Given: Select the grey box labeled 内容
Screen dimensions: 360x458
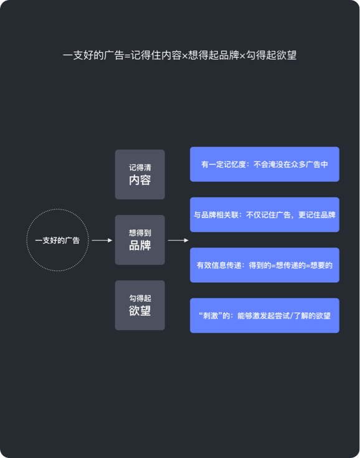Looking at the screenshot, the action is click(x=140, y=174).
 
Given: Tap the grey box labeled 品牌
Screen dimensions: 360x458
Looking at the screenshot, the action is click(x=140, y=240).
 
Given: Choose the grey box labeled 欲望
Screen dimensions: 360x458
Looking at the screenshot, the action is click(x=140, y=305).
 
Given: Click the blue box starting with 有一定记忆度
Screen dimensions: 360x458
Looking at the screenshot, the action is click(x=265, y=164).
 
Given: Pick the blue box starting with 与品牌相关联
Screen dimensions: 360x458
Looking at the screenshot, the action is click(x=265, y=215).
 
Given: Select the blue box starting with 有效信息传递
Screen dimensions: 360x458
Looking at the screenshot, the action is click(x=265, y=265).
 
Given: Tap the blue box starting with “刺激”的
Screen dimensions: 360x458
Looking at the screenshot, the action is click(x=265, y=315).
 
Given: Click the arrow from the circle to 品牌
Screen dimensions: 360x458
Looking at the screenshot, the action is click(x=102, y=241).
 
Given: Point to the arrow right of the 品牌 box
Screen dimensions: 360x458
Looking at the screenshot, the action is click(x=178, y=241).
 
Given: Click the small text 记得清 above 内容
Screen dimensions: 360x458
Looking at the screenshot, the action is click(x=140, y=168).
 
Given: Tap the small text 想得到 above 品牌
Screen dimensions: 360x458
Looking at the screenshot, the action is click(x=140, y=233).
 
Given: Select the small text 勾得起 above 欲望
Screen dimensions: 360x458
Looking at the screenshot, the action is click(x=140, y=298).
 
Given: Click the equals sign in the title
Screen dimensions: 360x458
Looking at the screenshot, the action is click(x=127, y=56).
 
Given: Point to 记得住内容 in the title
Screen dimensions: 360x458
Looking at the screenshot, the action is click(x=156, y=55).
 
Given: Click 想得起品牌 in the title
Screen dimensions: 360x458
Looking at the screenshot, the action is click(x=214, y=55).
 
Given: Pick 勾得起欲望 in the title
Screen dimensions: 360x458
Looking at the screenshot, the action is click(x=271, y=55).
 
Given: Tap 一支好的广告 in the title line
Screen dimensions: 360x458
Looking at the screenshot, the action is click(x=93, y=55).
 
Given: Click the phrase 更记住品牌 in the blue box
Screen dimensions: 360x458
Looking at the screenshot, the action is click(x=317, y=215).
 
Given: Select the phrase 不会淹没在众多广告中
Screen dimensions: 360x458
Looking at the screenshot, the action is click(x=291, y=165).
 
